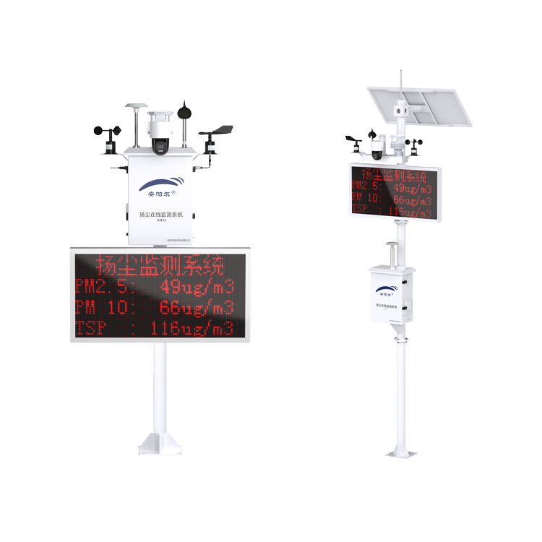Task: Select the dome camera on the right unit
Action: (x=377, y=149)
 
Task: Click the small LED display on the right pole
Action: (x=394, y=191)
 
